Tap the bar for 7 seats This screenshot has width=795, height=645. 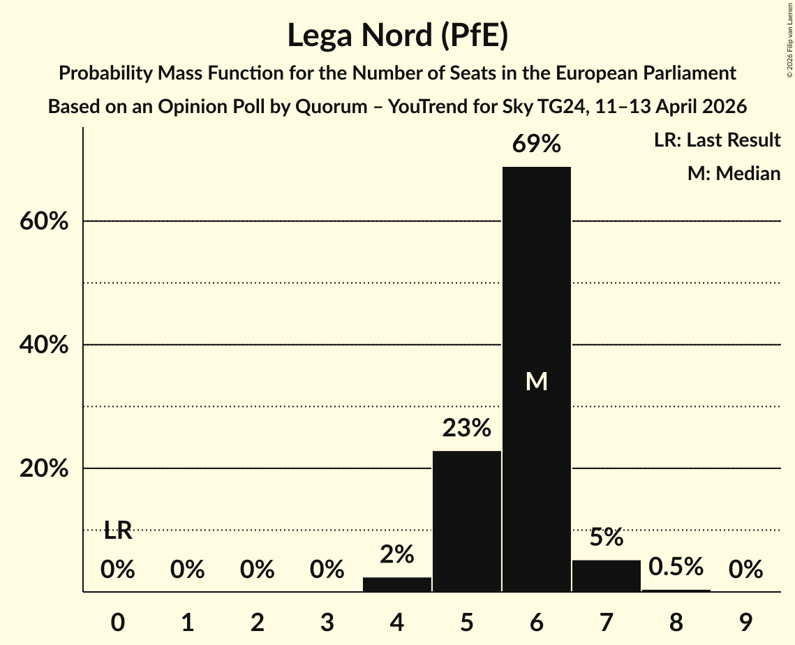coord(606,576)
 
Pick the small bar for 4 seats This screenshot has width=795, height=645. coord(397,584)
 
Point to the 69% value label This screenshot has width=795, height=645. coord(536,144)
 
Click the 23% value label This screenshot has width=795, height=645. coord(466,428)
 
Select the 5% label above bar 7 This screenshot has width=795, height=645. coord(606,537)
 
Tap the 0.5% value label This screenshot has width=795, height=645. coord(676,567)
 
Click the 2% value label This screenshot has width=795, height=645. coord(397,554)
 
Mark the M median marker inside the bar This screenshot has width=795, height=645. coord(536,381)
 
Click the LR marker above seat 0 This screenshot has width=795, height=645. coord(118,531)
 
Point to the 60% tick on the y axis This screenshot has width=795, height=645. coord(43,221)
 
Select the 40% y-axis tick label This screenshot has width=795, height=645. coord(43,345)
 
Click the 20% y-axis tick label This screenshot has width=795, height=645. coord(43,468)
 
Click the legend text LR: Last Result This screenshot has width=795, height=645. coord(717,140)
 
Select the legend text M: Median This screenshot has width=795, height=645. coord(734,173)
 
